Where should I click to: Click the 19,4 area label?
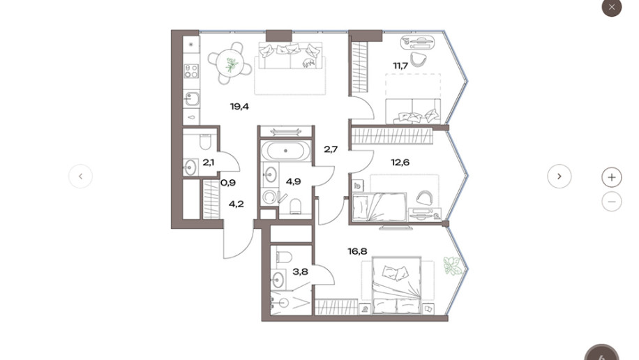(239, 107)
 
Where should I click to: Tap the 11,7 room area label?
(400, 66)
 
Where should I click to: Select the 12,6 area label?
(400, 163)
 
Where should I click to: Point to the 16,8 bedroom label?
(357, 251)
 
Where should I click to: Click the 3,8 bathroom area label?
(301, 271)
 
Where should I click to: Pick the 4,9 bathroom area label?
(294, 181)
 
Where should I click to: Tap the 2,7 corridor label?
(331, 149)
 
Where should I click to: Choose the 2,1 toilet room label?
(209, 163)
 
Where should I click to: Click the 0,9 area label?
(228, 183)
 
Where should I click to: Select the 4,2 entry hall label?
(236, 204)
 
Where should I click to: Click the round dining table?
(230, 63)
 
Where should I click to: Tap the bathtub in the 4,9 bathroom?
(285, 151)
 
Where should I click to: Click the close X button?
(612, 7)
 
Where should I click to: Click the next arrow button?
(559, 176)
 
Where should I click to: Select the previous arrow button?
(81, 176)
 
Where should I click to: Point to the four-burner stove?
(192, 71)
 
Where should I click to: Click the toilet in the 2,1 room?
(205, 142)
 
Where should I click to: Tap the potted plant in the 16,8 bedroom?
(453, 266)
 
